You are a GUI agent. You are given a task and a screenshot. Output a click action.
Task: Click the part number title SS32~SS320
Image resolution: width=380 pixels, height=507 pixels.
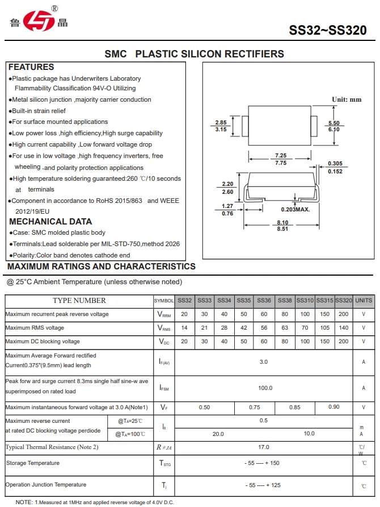[x=328, y=30]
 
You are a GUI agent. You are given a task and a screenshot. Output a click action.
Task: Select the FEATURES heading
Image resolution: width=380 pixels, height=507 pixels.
[x=31, y=67]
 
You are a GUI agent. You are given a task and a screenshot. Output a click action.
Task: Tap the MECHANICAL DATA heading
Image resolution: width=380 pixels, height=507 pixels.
[x=50, y=222]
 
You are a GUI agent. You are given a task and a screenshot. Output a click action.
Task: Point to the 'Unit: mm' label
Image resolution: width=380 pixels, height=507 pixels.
[x=347, y=99]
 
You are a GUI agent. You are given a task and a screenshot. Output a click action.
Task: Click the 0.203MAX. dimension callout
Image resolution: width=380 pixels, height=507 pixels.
[x=295, y=210]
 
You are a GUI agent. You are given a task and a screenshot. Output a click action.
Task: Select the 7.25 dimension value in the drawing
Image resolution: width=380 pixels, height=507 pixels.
[x=280, y=155]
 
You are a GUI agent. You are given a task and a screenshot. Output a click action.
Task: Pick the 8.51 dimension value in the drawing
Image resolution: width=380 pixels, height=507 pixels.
[x=282, y=229]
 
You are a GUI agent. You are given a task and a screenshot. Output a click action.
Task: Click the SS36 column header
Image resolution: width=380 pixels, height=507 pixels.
[x=264, y=300]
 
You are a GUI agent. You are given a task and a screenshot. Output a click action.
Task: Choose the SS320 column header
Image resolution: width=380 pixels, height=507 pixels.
[x=344, y=300]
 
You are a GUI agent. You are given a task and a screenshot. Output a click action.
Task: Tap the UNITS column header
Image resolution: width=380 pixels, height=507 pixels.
[x=364, y=300]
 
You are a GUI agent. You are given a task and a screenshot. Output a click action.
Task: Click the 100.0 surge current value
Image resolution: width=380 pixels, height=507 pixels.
[x=264, y=388]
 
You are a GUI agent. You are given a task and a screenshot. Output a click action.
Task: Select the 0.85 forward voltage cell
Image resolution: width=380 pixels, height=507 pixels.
[x=295, y=407]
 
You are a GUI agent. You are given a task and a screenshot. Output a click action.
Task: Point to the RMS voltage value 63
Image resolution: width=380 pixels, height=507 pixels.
[x=285, y=328]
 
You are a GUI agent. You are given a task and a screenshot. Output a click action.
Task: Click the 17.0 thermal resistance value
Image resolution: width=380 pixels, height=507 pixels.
[x=264, y=447]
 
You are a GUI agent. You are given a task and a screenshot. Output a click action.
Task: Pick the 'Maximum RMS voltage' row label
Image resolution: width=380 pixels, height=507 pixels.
[x=35, y=328]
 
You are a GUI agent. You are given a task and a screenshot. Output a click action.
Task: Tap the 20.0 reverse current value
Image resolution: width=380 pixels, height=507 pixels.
[x=218, y=434]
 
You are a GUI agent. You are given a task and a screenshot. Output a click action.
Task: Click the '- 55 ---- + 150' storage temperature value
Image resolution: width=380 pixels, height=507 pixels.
[x=264, y=463]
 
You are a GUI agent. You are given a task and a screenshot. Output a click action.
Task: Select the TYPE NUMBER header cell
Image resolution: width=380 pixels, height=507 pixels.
[x=79, y=300]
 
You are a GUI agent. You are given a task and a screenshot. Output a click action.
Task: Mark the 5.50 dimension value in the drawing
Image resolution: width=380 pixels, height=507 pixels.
[x=333, y=123]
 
